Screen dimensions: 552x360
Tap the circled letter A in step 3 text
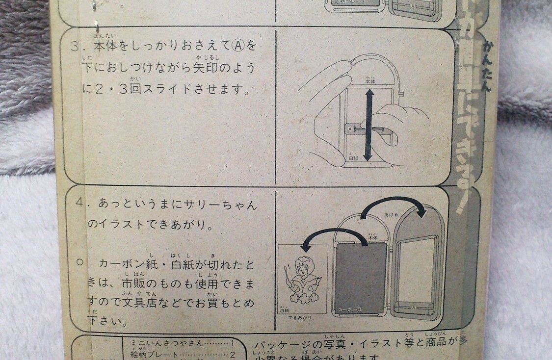pos(237,47)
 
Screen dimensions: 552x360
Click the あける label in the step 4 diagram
pos(392,214)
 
